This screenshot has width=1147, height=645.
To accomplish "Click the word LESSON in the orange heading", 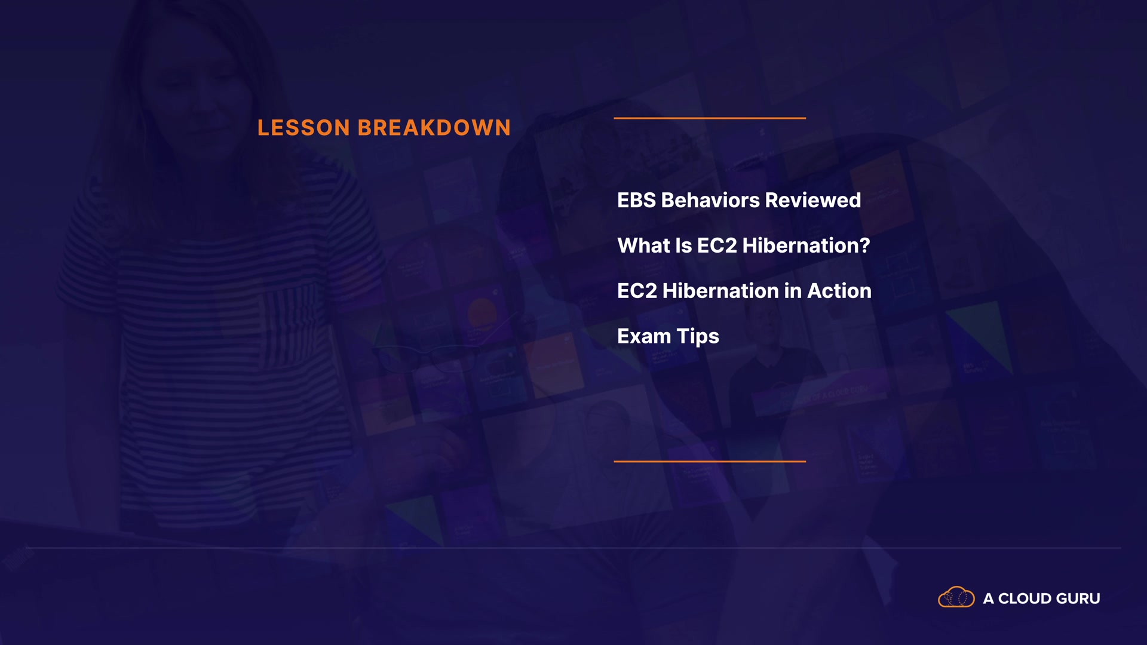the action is click(x=303, y=128).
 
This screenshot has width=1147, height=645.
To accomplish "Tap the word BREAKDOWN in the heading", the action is click(x=434, y=128).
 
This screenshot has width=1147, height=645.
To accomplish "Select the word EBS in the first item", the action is click(x=636, y=201).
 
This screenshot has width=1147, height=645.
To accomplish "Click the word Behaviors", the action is click(x=710, y=201).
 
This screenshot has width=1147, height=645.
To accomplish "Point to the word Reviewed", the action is click(x=813, y=201).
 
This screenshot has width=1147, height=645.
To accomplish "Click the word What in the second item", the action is click(x=643, y=246).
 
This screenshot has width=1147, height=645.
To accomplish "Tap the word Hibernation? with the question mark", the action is click(x=806, y=246).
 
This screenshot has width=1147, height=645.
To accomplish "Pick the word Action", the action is click(x=839, y=291).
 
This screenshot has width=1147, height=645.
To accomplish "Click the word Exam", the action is click(x=644, y=337).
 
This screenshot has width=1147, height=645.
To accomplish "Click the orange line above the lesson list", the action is click(x=710, y=118).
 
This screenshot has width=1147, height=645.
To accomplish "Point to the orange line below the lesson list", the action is click(x=710, y=462).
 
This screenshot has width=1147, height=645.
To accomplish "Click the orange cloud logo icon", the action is click(x=956, y=598).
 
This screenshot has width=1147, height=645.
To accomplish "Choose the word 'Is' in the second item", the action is click(x=683, y=246).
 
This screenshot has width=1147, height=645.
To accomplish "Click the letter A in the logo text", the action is click(x=989, y=598).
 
